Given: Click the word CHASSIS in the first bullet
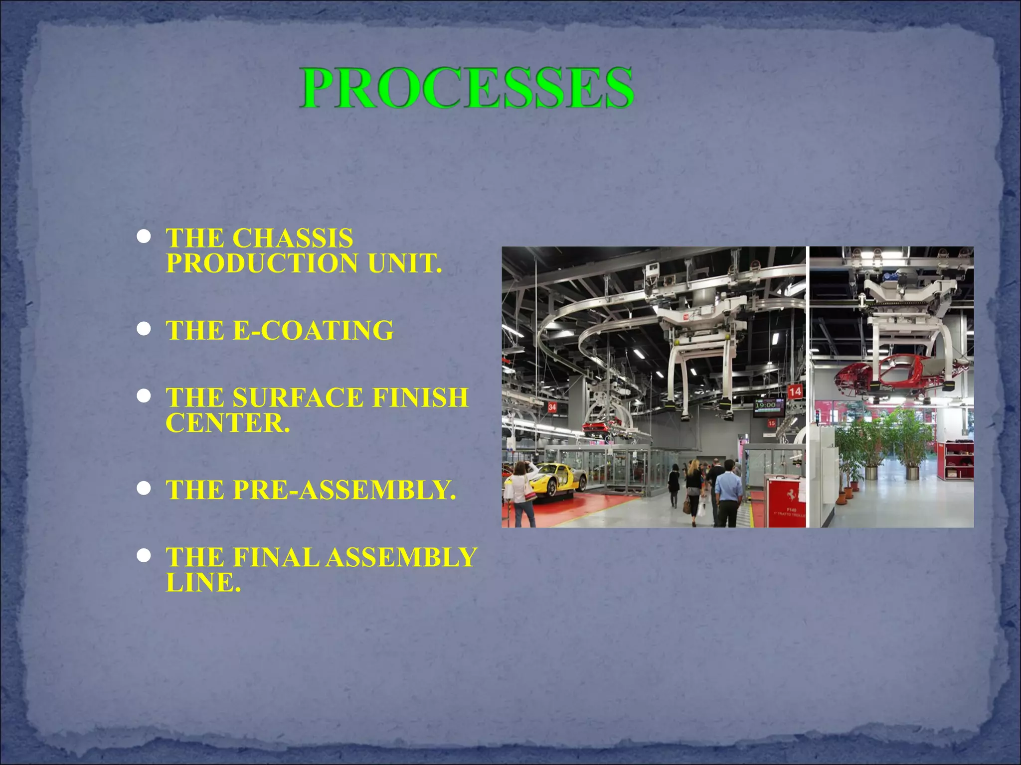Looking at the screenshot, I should [293, 238].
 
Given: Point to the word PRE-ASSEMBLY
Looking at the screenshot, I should [344, 490].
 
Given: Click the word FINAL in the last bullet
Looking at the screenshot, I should [276, 557].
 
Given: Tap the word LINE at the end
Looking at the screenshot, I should [203, 582].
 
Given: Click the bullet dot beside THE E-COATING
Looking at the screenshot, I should [144, 329].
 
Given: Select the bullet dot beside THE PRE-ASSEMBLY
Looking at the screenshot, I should [144, 489].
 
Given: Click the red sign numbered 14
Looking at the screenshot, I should [795, 391].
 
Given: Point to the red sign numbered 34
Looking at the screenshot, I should [552, 407].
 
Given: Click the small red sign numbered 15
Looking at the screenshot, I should [772, 423].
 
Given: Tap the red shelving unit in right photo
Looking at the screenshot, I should [959, 461].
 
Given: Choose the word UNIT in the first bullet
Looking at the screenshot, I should [404, 263].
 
